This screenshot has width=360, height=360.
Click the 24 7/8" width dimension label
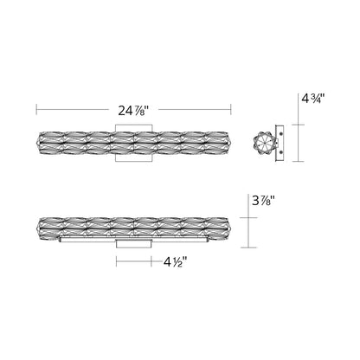(134, 110)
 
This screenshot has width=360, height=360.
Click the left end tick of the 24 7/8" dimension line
(35, 110)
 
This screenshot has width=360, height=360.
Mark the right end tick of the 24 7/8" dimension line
(233, 110)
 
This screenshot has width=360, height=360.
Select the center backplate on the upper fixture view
(134, 142)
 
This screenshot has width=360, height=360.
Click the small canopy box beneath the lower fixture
(134, 246)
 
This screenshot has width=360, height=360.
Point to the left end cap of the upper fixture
(37, 142)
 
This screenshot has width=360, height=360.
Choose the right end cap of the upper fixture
(231, 142)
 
